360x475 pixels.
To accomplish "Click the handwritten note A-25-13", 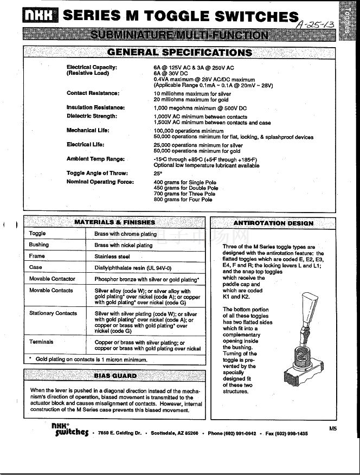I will coord(315,24).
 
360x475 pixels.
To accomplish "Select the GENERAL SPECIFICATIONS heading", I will coord(179,53).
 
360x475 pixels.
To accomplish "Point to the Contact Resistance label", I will coord(93,93).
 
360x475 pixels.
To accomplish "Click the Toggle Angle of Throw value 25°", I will coord(158,174).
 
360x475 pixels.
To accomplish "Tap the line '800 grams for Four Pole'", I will coord(183,200).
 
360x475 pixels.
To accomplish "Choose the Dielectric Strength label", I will coord(92,116).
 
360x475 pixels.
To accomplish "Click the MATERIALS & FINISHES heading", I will coord(114,222).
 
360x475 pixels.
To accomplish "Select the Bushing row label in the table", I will coord(39,245).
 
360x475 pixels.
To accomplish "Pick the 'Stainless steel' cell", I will coord(112,256).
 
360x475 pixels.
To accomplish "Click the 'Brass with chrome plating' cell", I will coord(125,234).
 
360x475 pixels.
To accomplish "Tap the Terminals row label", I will coord(41,342).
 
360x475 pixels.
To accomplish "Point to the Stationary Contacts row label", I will coord(53,313).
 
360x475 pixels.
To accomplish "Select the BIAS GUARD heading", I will coord(115,375).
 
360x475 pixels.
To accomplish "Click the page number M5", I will coord(333,428).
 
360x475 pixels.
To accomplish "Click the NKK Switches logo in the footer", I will coord(69,429).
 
